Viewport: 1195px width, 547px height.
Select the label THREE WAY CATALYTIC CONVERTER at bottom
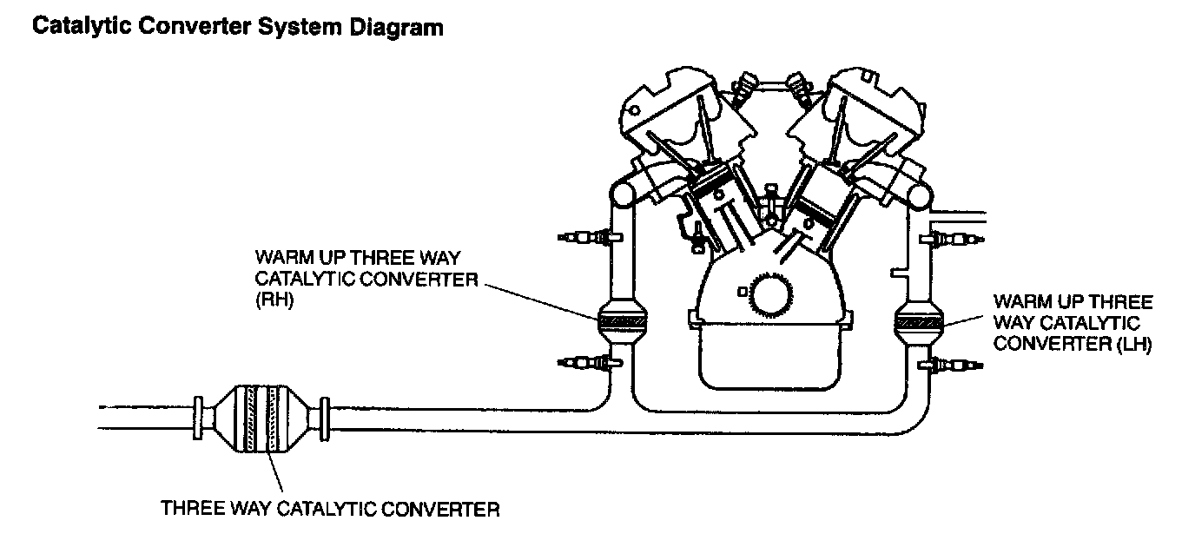click(330, 509)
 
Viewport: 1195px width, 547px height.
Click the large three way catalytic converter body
click(261, 419)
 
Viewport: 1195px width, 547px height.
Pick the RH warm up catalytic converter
click(623, 322)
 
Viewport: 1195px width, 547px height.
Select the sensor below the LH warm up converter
click(955, 365)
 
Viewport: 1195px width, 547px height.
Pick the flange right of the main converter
click(325, 418)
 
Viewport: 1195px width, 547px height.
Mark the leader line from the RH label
click(538, 300)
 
